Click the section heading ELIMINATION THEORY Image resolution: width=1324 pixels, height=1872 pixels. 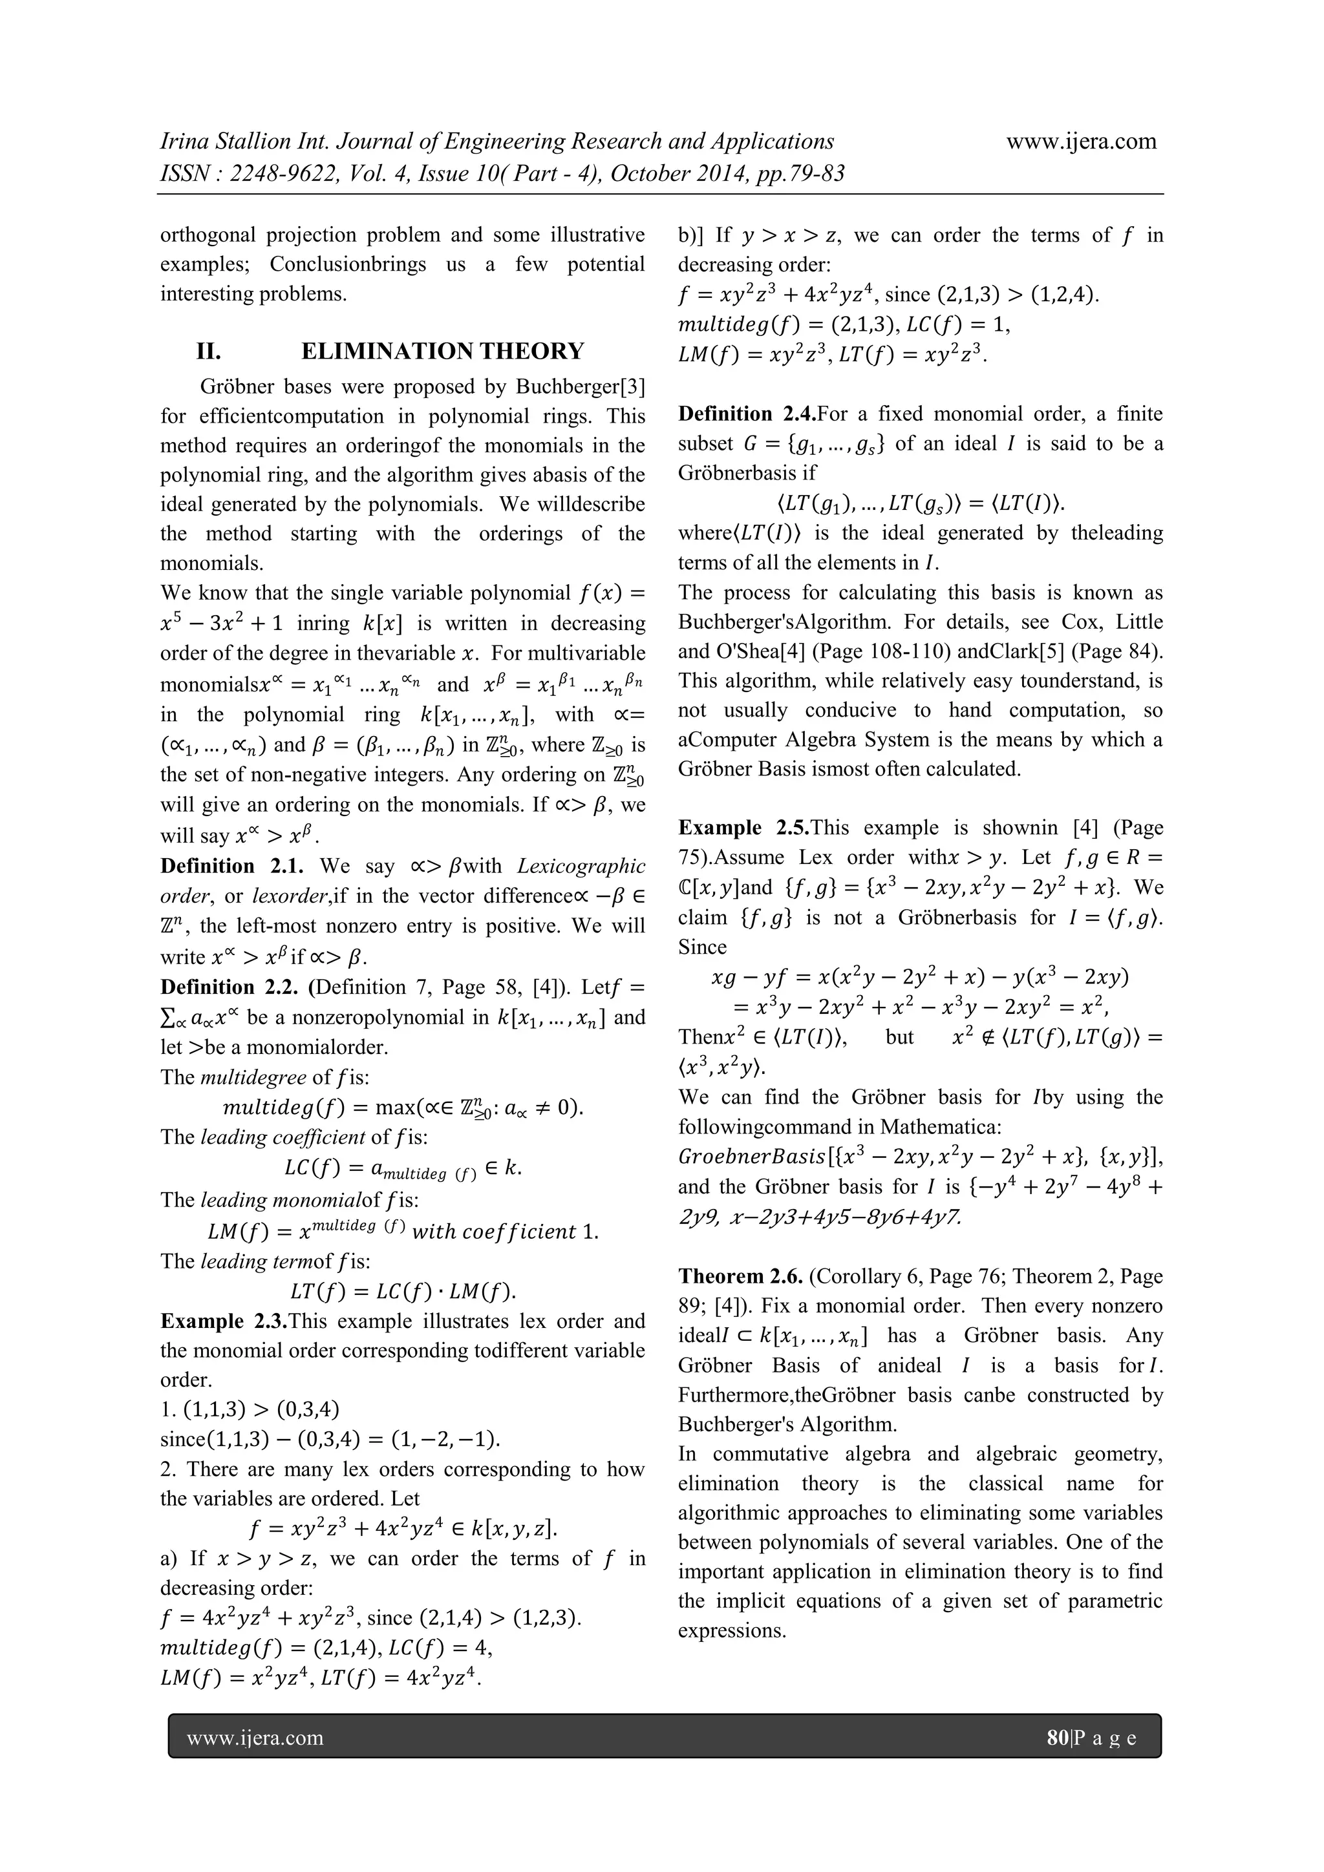[442, 352]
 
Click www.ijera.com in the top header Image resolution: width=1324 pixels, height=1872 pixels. [1081, 141]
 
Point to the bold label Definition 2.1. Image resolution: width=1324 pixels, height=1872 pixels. [231, 866]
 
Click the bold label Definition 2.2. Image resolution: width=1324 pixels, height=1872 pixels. [231, 987]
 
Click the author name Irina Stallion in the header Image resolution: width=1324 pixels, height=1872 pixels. [225, 141]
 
